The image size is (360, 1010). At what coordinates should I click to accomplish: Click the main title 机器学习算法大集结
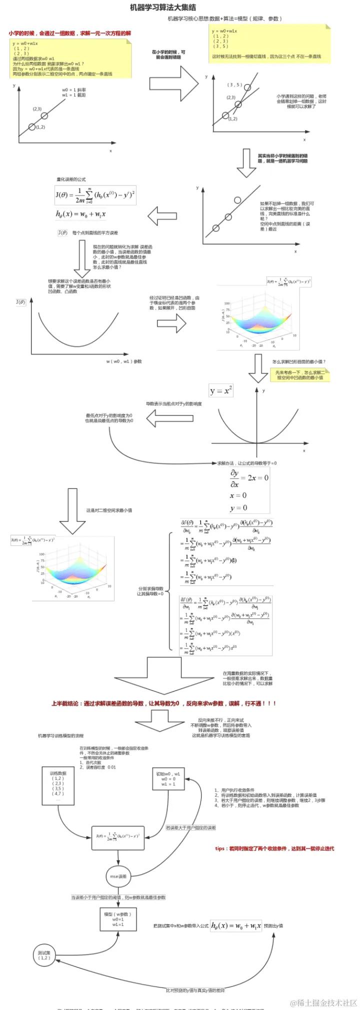(x=163, y=7)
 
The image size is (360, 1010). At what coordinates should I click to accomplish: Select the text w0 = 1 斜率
(x=74, y=90)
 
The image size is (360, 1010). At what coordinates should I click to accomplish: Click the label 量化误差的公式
(x=71, y=179)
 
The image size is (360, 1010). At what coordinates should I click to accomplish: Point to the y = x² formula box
(x=221, y=390)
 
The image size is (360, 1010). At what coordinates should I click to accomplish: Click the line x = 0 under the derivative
(x=238, y=495)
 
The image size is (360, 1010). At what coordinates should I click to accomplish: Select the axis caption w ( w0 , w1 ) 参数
(x=123, y=361)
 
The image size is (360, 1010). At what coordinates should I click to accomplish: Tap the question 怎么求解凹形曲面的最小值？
(x=298, y=361)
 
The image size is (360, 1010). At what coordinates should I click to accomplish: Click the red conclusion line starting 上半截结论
(x=163, y=703)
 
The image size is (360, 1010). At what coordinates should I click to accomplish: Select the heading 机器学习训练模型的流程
(x=61, y=736)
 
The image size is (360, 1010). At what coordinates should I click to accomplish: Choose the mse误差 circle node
(x=118, y=876)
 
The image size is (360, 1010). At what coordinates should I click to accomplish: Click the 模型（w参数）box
(x=118, y=919)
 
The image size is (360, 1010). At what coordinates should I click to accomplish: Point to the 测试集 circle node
(x=44, y=955)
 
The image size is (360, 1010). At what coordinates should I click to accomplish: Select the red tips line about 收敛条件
(x=274, y=848)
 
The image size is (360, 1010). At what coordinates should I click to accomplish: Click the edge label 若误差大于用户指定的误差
(x=191, y=828)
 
